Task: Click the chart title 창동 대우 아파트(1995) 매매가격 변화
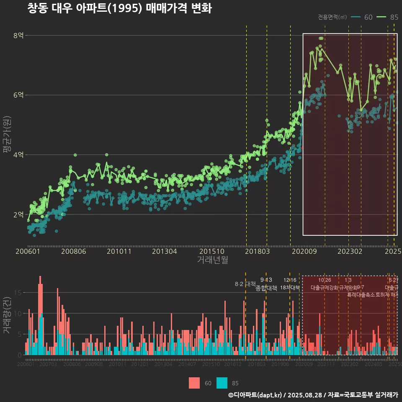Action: (x=119, y=9)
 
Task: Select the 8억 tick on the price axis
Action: (x=18, y=36)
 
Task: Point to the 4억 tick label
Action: (x=18, y=155)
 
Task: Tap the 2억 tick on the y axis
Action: (x=18, y=215)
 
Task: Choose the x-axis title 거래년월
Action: (x=212, y=260)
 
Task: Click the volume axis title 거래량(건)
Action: (x=7, y=315)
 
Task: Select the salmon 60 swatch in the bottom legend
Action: (x=194, y=383)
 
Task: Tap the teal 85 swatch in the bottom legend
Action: (x=222, y=383)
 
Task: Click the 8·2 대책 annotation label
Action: (x=245, y=284)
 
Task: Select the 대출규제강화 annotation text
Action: (x=324, y=288)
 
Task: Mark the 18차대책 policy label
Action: (x=290, y=288)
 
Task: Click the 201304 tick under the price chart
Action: (x=164, y=251)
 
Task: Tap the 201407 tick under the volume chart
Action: (x=187, y=364)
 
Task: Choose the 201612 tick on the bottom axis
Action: (x=233, y=364)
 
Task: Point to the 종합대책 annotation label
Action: (x=266, y=288)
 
